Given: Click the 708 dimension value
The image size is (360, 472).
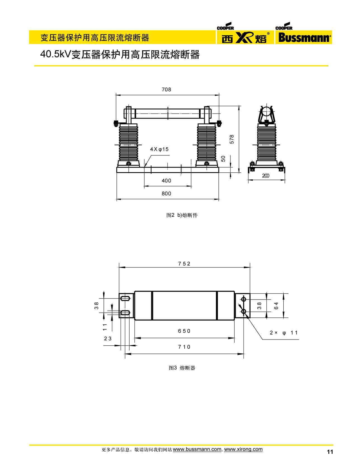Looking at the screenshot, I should (166, 90).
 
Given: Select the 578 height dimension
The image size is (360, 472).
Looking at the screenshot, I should (232, 139).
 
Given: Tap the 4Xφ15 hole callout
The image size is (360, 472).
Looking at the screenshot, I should (159, 149).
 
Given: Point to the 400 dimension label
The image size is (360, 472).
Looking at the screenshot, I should (166, 181).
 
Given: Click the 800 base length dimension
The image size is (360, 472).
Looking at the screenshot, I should (166, 194).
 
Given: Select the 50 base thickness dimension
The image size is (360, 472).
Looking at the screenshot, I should (223, 159).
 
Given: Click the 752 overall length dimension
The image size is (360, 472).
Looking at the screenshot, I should (184, 264).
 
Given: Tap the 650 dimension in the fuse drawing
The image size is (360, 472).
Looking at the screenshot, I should (184, 331).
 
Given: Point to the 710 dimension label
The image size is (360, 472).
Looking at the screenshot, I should (184, 347).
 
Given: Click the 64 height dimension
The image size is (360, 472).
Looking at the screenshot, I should (276, 305).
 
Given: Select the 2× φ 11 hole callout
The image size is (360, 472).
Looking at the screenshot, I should (284, 333).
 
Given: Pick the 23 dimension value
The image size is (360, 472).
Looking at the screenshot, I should (108, 339).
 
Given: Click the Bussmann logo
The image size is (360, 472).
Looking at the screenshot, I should (303, 37).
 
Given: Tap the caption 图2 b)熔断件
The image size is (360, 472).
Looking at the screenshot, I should (182, 215).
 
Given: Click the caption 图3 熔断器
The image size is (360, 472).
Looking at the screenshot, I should (182, 368).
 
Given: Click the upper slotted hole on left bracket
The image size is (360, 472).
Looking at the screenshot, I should (125, 298).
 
